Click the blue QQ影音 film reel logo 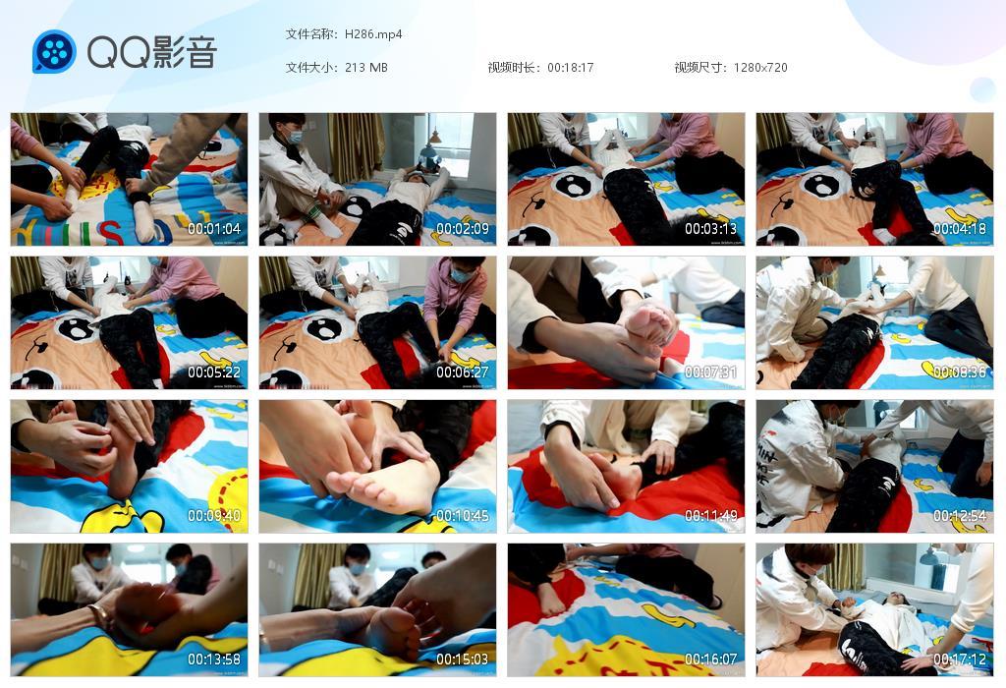point(54,52)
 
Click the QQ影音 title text point(151,52)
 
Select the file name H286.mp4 point(373,34)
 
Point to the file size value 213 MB point(366,68)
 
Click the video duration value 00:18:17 point(571,68)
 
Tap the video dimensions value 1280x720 point(760,68)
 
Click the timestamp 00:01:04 point(214,229)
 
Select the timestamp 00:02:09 point(463,229)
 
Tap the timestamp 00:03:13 point(711,229)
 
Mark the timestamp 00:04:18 point(960,229)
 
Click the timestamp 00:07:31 point(711,373)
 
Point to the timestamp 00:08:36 point(960,373)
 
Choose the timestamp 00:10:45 point(463,516)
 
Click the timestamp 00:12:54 point(960,516)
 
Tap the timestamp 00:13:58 point(214,659)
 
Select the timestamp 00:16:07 point(711,659)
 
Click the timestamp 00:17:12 point(960,659)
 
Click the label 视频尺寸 point(699,68)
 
